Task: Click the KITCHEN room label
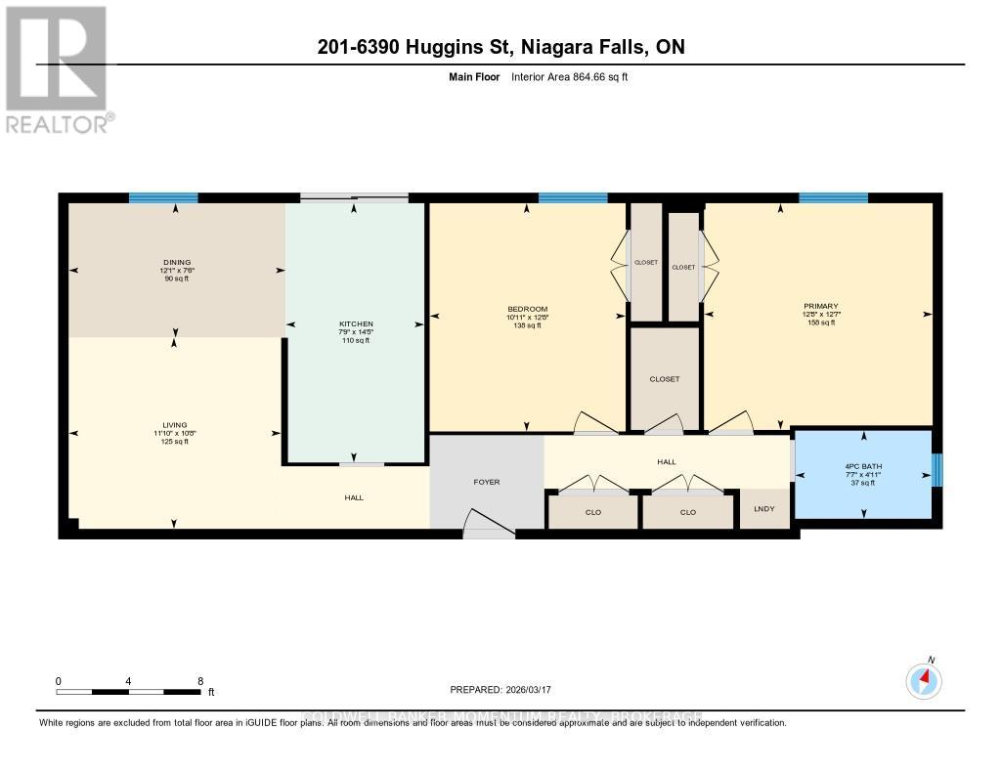coord(355,323)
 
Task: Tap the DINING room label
coord(176,262)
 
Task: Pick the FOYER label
coord(487,482)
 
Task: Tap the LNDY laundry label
coord(763,509)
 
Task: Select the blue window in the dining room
coord(163,198)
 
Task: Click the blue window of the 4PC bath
coord(936,470)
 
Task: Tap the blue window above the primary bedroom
coord(833,198)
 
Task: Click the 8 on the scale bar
coord(199,681)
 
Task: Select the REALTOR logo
coord(58,68)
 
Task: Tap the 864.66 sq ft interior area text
coord(569,76)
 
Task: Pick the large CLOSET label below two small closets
coord(664,379)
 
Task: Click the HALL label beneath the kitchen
coord(354,497)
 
